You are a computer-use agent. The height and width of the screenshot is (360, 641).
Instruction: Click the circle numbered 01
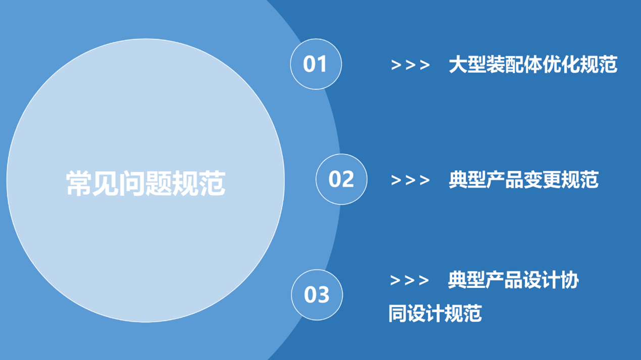pyautogui.click(x=316, y=64)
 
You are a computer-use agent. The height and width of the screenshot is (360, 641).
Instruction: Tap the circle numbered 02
pyautogui.click(x=341, y=179)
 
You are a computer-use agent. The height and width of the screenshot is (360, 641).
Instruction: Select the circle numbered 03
pyautogui.click(x=317, y=295)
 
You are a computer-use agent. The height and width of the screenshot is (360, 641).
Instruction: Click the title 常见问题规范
pyautogui.click(x=145, y=183)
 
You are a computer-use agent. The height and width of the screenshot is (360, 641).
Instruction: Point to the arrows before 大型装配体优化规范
pyautogui.click(x=410, y=65)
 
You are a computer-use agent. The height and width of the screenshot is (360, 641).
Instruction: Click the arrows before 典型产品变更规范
pyautogui.click(x=410, y=180)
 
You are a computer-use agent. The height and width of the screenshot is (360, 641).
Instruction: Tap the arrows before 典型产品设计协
pyautogui.click(x=410, y=280)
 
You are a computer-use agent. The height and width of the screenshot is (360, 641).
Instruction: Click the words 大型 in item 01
pyautogui.click(x=467, y=64)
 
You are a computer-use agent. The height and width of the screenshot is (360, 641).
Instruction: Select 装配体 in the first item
pyautogui.click(x=514, y=64)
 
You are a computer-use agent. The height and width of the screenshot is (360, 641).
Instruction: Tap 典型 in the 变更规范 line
pyautogui.click(x=467, y=180)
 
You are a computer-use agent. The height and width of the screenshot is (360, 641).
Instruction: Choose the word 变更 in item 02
pyautogui.click(x=543, y=180)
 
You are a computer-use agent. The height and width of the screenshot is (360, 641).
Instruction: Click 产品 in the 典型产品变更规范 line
pyautogui.click(x=505, y=180)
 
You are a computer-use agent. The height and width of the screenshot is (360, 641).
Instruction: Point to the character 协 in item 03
pyautogui.click(x=570, y=280)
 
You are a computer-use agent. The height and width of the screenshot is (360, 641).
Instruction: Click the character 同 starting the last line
pyautogui.click(x=398, y=314)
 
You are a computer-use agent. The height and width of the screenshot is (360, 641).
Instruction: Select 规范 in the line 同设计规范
pyautogui.click(x=463, y=314)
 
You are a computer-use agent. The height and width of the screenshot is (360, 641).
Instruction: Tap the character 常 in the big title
pyautogui.click(x=79, y=183)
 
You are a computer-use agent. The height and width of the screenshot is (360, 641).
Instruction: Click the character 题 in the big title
pyautogui.click(x=159, y=183)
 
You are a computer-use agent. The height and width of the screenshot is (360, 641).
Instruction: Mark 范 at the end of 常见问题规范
pyautogui.click(x=213, y=183)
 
